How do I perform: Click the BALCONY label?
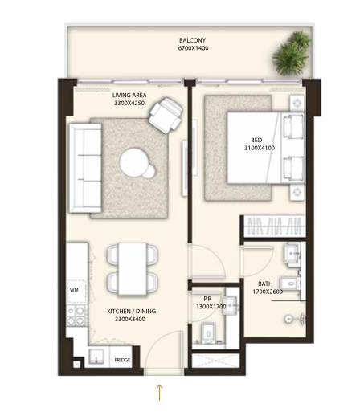coord(192,40)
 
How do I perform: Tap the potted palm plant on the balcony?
coord(292,53)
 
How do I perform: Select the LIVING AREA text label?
coord(129,95)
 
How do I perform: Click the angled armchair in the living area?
coord(166,115)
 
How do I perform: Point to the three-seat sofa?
coord(85,169)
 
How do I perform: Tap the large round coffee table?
coord(133,161)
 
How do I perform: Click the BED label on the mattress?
coord(256,140)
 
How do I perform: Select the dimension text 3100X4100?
coord(260,148)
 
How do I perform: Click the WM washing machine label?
coord(74,290)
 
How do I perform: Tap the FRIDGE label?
coord(122,360)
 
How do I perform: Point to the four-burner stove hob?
coord(76,315)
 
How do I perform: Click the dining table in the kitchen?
coord(133,269)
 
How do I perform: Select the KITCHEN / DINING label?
coord(131,311)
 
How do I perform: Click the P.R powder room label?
coord(207,299)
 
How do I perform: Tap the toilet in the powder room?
coord(209,332)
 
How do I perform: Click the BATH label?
coord(265,284)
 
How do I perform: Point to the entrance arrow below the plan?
coord(159,393)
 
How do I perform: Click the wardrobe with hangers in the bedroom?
coord(275,226)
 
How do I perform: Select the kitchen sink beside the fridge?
coord(96,357)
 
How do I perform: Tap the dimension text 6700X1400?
coord(193,48)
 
